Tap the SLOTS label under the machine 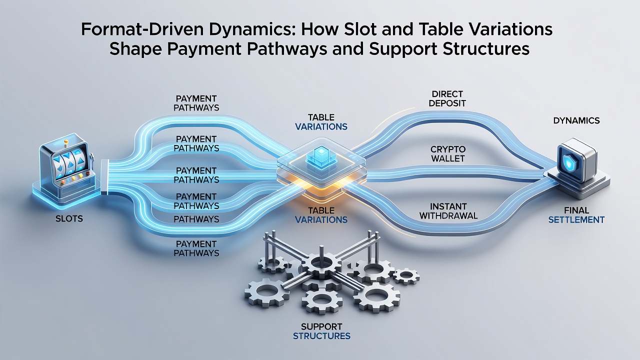[x=69, y=219]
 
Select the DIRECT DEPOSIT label [x=447, y=98]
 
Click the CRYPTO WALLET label [x=447, y=153]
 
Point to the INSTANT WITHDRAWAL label [x=448, y=211]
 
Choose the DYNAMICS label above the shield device [x=576, y=120]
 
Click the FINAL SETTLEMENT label [x=576, y=215]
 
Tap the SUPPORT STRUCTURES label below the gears [x=321, y=331]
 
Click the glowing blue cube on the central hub [x=321, y=156]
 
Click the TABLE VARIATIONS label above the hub [x=321, y=122]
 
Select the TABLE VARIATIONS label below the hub [x=321, y=215]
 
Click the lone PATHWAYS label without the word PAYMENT [x=196, y=219]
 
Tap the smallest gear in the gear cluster [x=406, y=276]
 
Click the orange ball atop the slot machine [x=66, y=141]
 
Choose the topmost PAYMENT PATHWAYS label [x=196, y=103]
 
